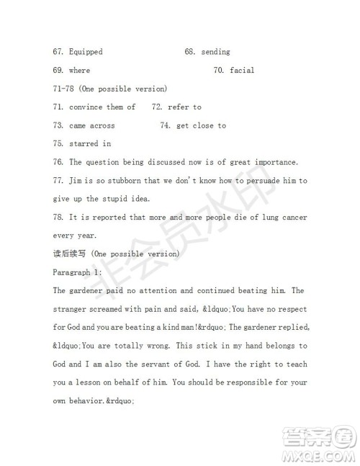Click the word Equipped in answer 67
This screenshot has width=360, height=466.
(86, 52)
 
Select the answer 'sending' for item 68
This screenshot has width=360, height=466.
(215, 52)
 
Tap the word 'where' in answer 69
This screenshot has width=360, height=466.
(79, 71)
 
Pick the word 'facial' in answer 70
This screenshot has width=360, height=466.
(242, 71)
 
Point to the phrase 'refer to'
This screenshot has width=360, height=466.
(184, 107)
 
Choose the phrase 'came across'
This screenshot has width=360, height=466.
(92, 125)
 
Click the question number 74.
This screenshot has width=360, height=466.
(165, 125)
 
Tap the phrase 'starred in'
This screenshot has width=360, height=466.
(90, 144)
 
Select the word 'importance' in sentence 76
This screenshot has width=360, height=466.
(274, 162)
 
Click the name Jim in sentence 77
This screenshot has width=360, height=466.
(76, 181)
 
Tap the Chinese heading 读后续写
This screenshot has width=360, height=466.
(70, 254)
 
